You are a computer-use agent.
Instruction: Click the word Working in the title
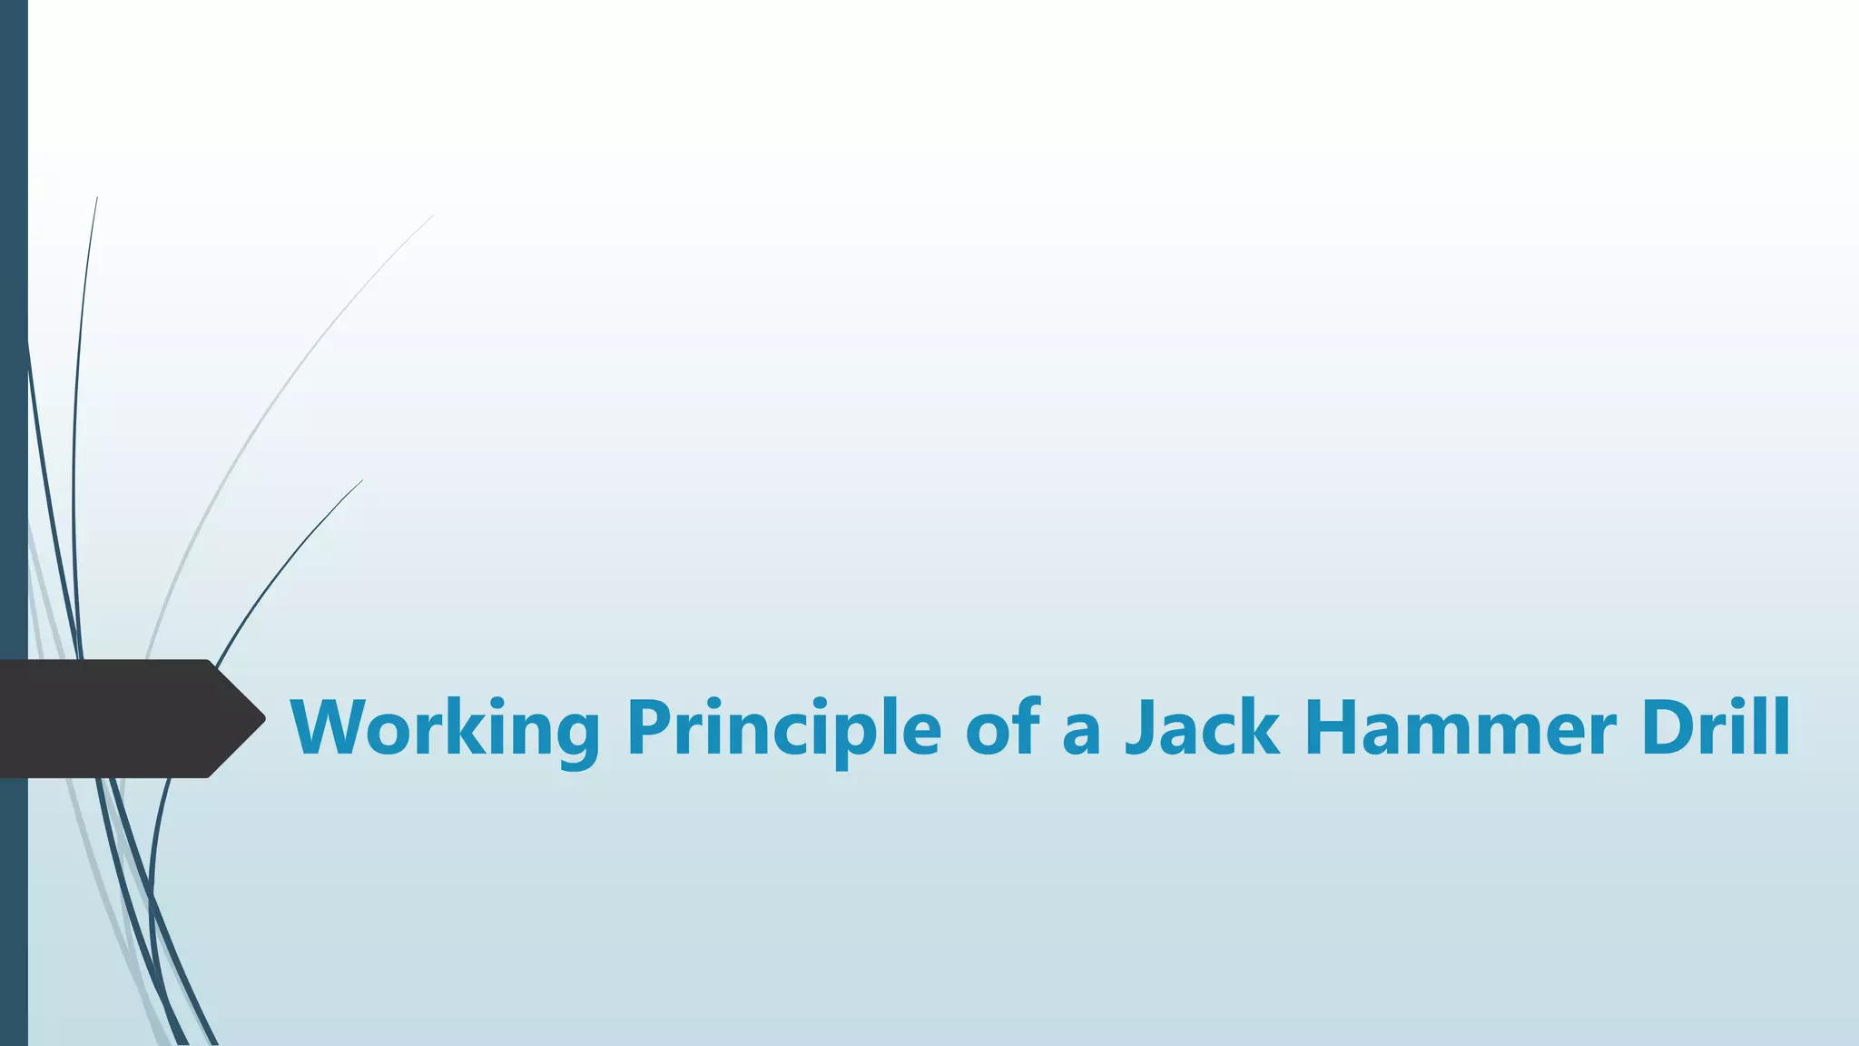click(x=445, y=728)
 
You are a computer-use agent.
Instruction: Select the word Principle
click(x=783, y=728)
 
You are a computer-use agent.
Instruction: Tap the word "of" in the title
click(x=1002, y=728)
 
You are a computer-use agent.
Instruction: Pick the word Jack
click(x=1202, y=728)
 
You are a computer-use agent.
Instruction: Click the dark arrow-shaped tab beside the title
click(x=118, y=718)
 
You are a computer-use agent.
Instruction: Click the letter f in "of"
click(x=1024, y=726)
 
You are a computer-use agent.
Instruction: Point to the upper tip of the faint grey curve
click(x=432, y=216)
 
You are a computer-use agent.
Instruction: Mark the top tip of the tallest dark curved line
click(x=97, y=198)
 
